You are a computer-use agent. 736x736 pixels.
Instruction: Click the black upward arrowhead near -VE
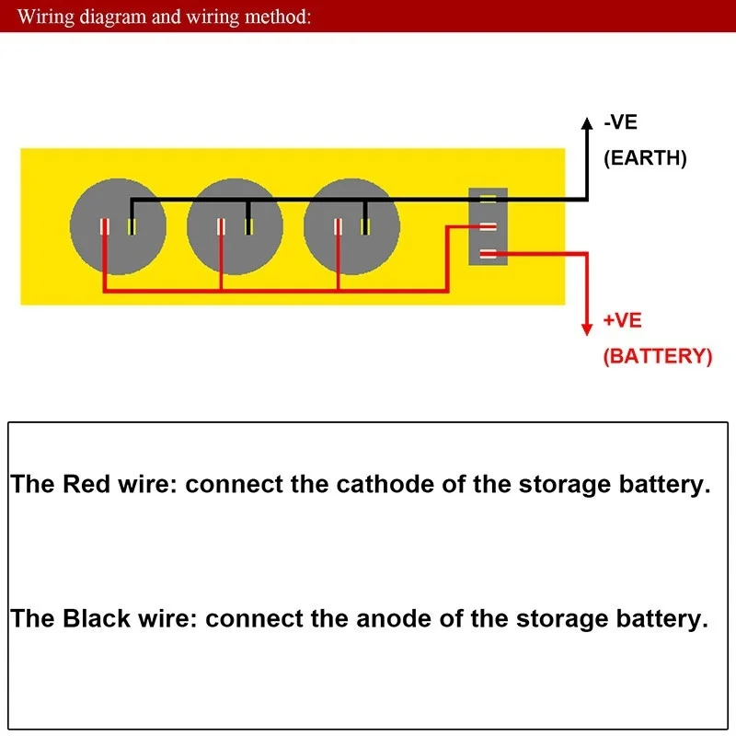click(586, 125)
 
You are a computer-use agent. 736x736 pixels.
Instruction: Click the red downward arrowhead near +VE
click(586, 329)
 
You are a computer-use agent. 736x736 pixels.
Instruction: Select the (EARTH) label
click(645, 157)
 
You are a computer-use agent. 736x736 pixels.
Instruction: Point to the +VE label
click(623, 321)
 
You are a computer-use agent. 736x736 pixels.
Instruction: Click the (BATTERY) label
click(657, 356)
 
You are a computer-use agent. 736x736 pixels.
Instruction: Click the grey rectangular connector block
click(488, 226)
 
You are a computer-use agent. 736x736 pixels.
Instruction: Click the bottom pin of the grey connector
click(488, 254)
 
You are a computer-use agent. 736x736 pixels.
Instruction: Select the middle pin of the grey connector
click(488, 226)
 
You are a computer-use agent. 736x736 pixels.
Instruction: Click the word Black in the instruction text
click(97, 618)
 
